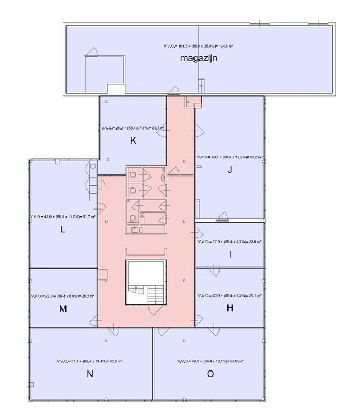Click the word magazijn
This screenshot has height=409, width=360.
(199, 58)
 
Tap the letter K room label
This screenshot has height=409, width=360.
(133, 141)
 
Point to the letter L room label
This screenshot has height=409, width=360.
(63, 230)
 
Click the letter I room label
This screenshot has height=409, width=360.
(230, 254)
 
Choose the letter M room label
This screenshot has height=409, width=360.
(63, 309)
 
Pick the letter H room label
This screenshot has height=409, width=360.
(230, 308)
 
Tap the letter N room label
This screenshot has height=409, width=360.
(89, 374)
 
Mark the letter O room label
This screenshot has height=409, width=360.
(210, 374)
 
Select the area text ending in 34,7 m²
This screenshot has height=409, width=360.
(133, 128)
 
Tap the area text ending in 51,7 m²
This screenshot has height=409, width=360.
(63, 217)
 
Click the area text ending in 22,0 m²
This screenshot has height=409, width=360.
(229, 241)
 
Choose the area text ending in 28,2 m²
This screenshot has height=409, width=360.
(63, 296)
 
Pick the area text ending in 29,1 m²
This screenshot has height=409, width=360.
(229, 296)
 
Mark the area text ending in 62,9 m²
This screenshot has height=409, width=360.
(90, 361)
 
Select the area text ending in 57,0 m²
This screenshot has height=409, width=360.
(210, 361)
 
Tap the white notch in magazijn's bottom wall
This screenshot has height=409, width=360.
(116, 89)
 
